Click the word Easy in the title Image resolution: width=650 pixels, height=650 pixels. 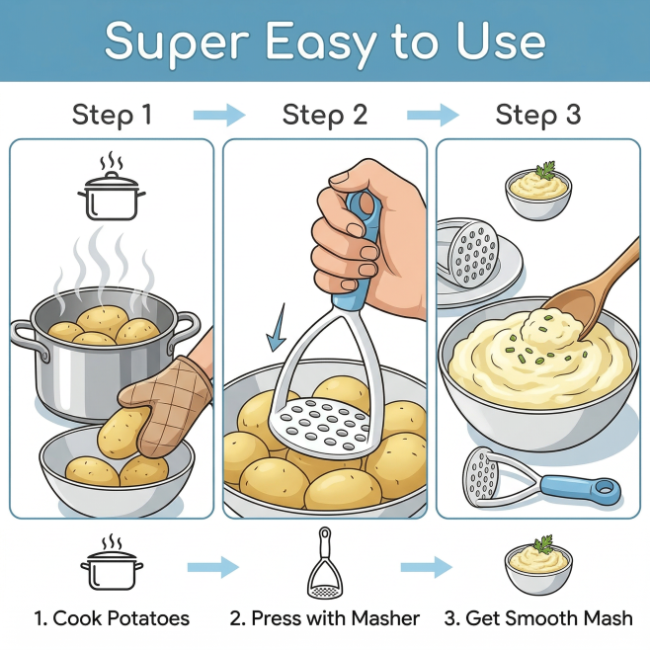click(x=320, y=41)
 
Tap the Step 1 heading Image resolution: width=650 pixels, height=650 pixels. click(x=112, y=115)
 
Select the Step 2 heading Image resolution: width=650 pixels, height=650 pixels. click(x=325, y=115)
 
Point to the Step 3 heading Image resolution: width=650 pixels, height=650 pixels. click(x=538, y=115)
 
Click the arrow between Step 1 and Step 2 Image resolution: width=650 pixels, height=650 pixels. click(x=219, y=115)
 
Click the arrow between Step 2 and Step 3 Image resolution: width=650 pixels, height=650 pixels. click(x=433, y=115)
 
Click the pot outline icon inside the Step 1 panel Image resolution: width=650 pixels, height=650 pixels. click(x=112, y=188)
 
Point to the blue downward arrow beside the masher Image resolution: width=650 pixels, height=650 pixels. click(x=277, y=328)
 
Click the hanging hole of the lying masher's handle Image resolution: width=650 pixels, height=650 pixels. click(x=606, y=489)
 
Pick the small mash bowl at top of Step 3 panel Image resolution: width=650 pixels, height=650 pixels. click(x=538, y=192)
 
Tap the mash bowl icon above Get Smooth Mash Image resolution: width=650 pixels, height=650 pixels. click(x=538, y=565)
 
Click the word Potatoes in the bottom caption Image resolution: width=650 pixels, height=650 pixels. click(x=148, y=618)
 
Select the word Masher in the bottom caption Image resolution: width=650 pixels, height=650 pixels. click(x=385, y=618)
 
